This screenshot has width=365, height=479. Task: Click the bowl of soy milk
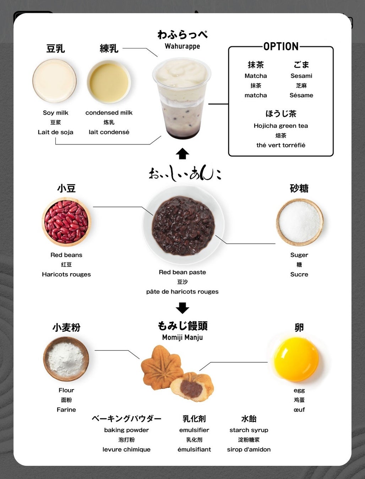(55, 81)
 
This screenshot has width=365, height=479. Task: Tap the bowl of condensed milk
(109, 82)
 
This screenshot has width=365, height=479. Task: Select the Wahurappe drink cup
(182, 98)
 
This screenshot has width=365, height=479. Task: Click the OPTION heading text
(281, 46)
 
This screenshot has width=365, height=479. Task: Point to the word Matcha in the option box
(256, 76)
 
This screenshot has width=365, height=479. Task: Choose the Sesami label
(301, 76)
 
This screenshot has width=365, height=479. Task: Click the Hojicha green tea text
(281, 126)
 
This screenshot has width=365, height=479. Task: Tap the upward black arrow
(182, 154)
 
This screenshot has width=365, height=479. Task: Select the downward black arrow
(182, 308)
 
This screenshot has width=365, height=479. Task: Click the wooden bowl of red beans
(66, 222)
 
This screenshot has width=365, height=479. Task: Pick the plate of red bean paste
(183, 225)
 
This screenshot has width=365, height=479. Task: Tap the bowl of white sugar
(300, 222)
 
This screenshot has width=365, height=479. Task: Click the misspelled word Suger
(299, 255)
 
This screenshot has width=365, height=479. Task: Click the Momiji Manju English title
(182, 337)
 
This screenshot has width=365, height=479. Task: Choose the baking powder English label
(126, 430)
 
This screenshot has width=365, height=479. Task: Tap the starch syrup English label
(249, 430)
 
